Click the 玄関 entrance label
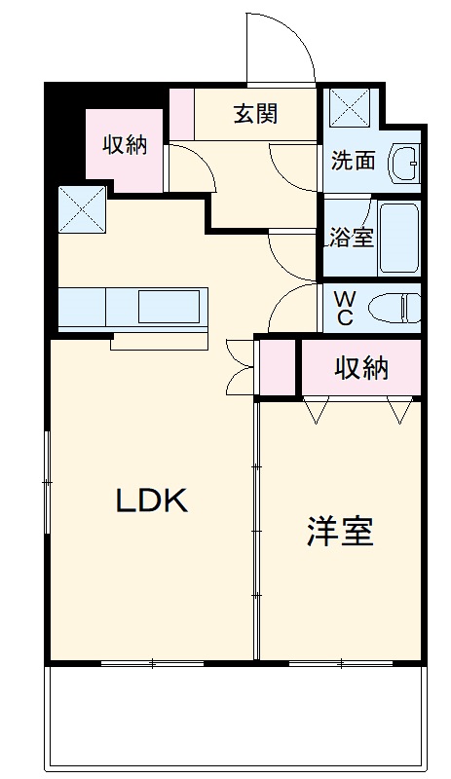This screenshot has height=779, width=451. (256, 114)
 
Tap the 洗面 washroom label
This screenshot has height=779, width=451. (353, 161)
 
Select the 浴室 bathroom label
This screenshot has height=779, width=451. (352, 237)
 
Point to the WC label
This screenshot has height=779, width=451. (345, 307)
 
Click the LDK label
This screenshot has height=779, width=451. (151, 501)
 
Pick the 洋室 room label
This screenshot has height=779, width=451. (340, 532)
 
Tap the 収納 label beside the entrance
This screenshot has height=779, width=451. (126, 145)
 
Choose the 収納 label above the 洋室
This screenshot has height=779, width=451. (362, 368)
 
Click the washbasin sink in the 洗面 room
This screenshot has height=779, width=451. (403, 164)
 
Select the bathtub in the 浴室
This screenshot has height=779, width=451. (397, 239)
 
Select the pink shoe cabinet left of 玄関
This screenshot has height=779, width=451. (182, 114)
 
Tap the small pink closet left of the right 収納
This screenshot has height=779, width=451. (277, 367)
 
